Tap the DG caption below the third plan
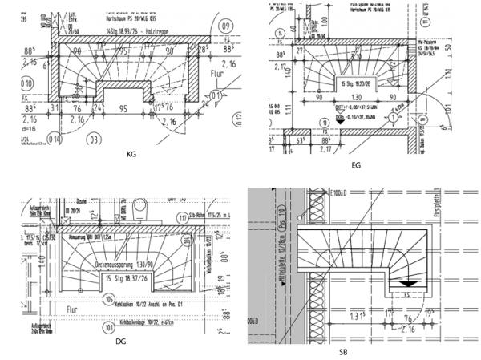[x=120, y=342]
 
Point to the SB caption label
[x=342, y=351]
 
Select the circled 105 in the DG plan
[x=107, y=298]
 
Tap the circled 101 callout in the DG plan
[x=106, y=327]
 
